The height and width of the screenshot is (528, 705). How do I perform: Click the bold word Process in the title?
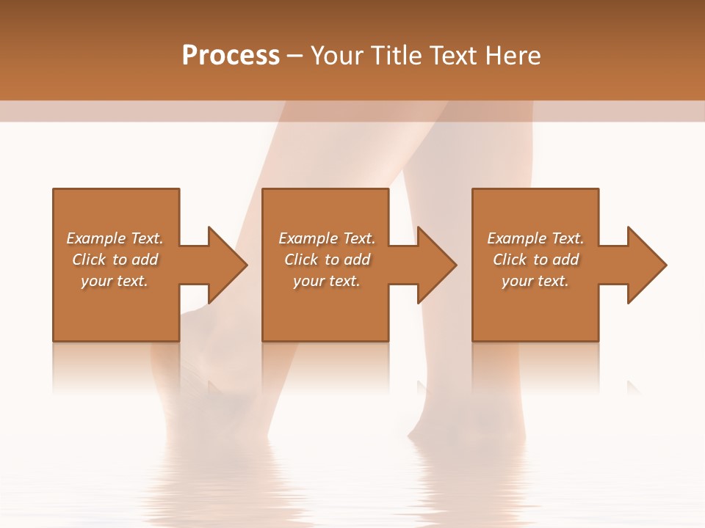point(231,56)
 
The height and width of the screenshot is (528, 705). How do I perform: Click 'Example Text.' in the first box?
point(115,238)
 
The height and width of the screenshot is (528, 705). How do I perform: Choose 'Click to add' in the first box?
point(115,260)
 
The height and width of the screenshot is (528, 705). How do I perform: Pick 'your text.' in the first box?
point(115,281)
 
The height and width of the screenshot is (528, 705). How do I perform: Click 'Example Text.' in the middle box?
point(326,238)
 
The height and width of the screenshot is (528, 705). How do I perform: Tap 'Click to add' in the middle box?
point(326,260)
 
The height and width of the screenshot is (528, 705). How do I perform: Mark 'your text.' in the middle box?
point(326,281)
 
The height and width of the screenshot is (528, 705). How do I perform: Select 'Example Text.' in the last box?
point(535,238)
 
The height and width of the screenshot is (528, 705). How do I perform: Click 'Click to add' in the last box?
point(535,260)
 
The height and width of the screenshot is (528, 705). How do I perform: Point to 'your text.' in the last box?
point(535,281)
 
